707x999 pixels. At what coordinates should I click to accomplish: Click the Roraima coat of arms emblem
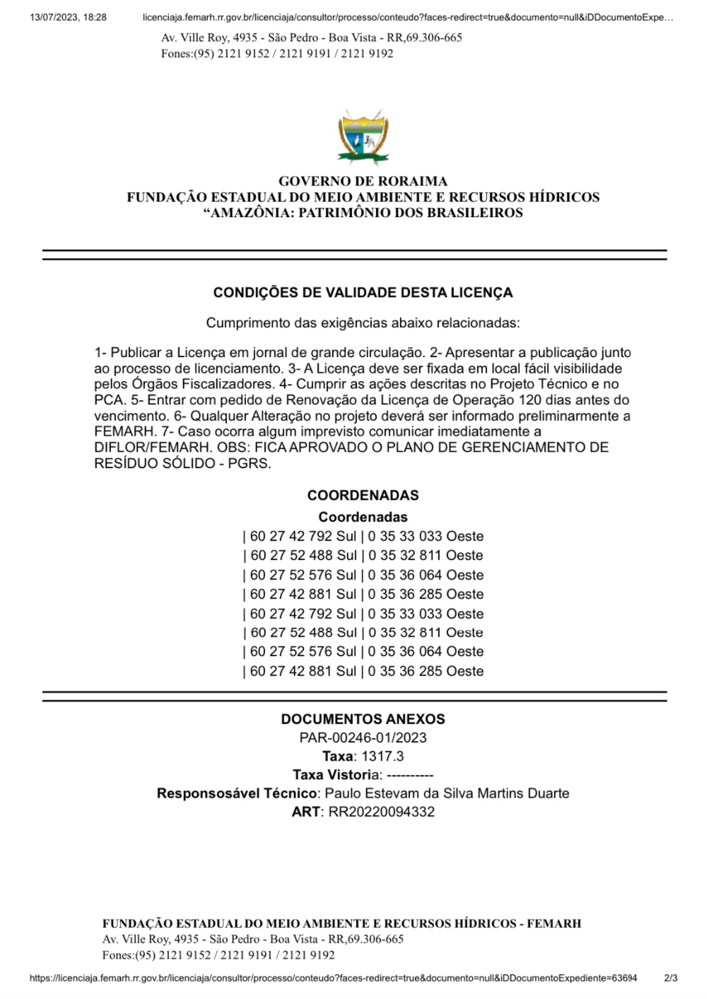tap(363, 137)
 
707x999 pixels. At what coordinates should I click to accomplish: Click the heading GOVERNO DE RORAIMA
tap(363, 181)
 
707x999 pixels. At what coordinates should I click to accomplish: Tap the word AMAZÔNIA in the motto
tap(250, 213)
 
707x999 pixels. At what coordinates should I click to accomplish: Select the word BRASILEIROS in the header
tap(474, 213)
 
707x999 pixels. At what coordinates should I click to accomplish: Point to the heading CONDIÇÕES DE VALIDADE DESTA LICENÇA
tap(363, 293)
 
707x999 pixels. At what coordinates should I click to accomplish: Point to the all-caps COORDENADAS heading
tap(363, 496)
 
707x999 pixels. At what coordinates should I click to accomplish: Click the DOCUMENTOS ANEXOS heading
tap(363, 719)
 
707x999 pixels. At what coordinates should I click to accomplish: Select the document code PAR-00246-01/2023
tap(363, 738)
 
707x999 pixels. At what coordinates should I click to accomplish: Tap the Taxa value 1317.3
tap(382, 756)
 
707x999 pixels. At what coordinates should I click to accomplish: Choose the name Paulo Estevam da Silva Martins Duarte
tap(447, 793)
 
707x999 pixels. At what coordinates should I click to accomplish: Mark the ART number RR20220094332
tap(382, 812)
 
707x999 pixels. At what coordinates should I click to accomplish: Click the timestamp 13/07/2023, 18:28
tap(68, 17)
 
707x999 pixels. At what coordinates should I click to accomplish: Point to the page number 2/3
tap(671, 978)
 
